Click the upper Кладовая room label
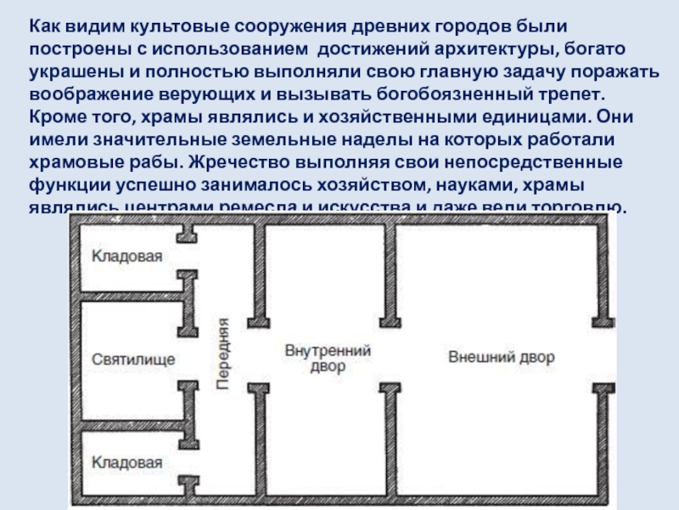(126, 255)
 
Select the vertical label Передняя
(223, 354)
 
